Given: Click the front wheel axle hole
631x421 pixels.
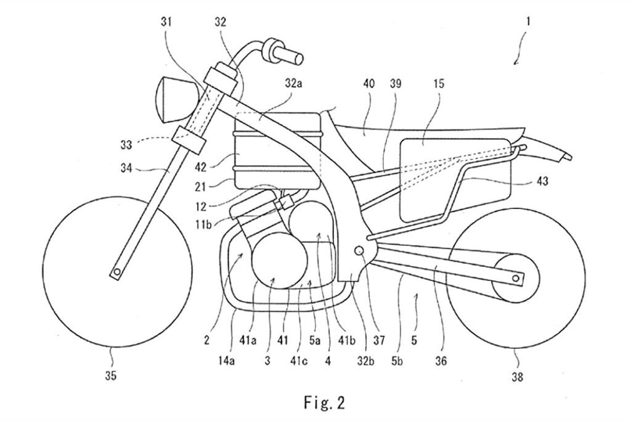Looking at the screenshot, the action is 116,272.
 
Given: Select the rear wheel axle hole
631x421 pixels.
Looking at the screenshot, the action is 516,278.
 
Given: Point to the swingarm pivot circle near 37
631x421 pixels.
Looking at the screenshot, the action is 359,250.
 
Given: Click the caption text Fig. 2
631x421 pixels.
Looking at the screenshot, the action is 324,402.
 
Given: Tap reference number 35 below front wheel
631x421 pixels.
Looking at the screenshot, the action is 111,375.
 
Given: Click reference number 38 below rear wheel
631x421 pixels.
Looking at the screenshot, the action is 517,377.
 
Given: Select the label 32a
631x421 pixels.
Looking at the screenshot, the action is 293,84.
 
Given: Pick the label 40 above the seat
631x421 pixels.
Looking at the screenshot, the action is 368,84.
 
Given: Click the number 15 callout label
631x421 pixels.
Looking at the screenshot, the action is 439,84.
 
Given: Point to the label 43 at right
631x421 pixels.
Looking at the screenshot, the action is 542,181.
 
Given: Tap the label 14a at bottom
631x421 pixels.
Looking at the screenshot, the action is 226,361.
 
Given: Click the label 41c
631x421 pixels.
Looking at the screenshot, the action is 299,361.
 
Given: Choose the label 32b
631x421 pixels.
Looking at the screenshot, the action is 365,361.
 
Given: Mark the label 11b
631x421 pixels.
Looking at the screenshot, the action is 203,224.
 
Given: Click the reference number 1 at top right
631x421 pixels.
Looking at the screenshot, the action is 528,21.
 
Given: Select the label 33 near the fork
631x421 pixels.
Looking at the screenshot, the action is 126,144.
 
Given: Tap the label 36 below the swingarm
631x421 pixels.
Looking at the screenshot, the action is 441,361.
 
